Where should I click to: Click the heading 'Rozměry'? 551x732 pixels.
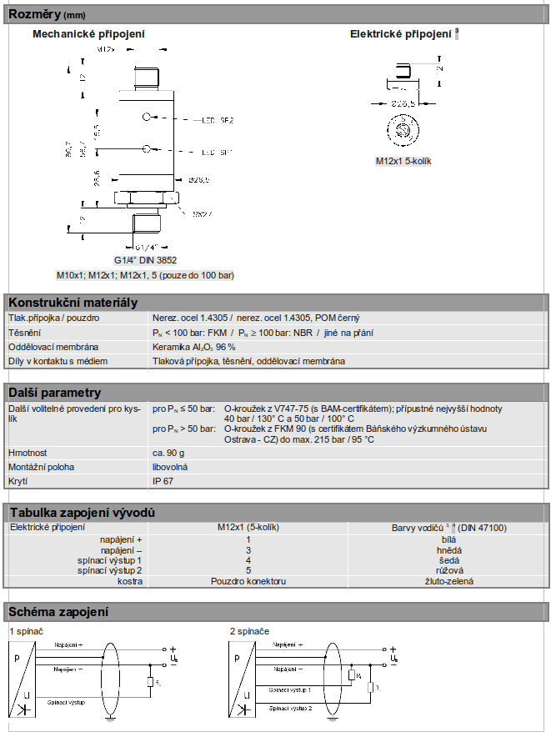[x=30, y=14]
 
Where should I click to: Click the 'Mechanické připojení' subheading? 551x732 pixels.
[x=88, y=34]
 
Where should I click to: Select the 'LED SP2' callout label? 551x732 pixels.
[x=218, y=121]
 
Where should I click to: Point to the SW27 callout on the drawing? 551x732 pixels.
[x=203, y=214]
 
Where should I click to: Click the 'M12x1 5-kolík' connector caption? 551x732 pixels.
[x=403, y=161]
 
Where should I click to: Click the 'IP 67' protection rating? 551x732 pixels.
[x=163, y=482]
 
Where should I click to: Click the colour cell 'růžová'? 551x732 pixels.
[x=449, y=570]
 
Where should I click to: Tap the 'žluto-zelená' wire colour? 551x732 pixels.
[x=449, y=580]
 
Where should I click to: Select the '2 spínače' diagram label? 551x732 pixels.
[x=250, y=631]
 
